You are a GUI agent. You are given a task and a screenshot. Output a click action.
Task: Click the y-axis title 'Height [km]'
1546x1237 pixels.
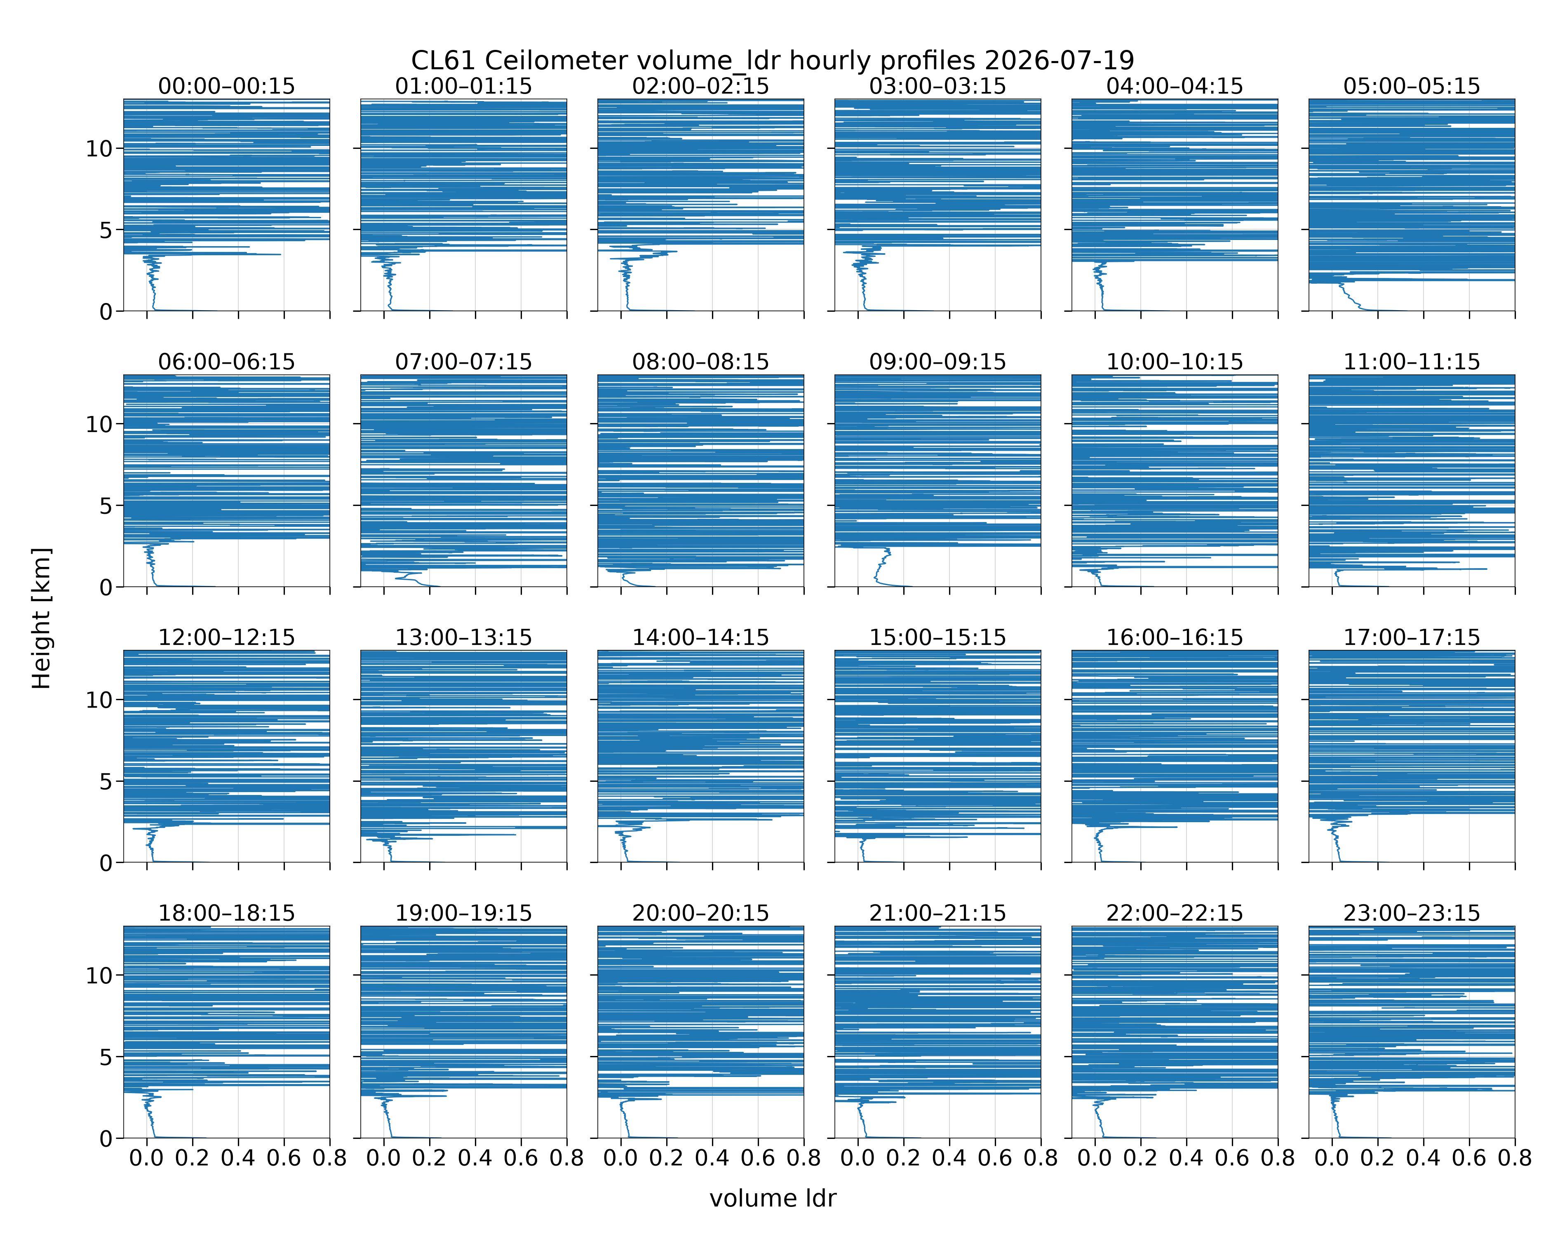pos(42,618)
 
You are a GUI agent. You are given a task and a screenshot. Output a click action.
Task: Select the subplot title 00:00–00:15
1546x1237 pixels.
pos(227,86)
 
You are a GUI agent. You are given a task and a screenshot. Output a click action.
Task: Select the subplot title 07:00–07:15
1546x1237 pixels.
pos(463,362)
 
